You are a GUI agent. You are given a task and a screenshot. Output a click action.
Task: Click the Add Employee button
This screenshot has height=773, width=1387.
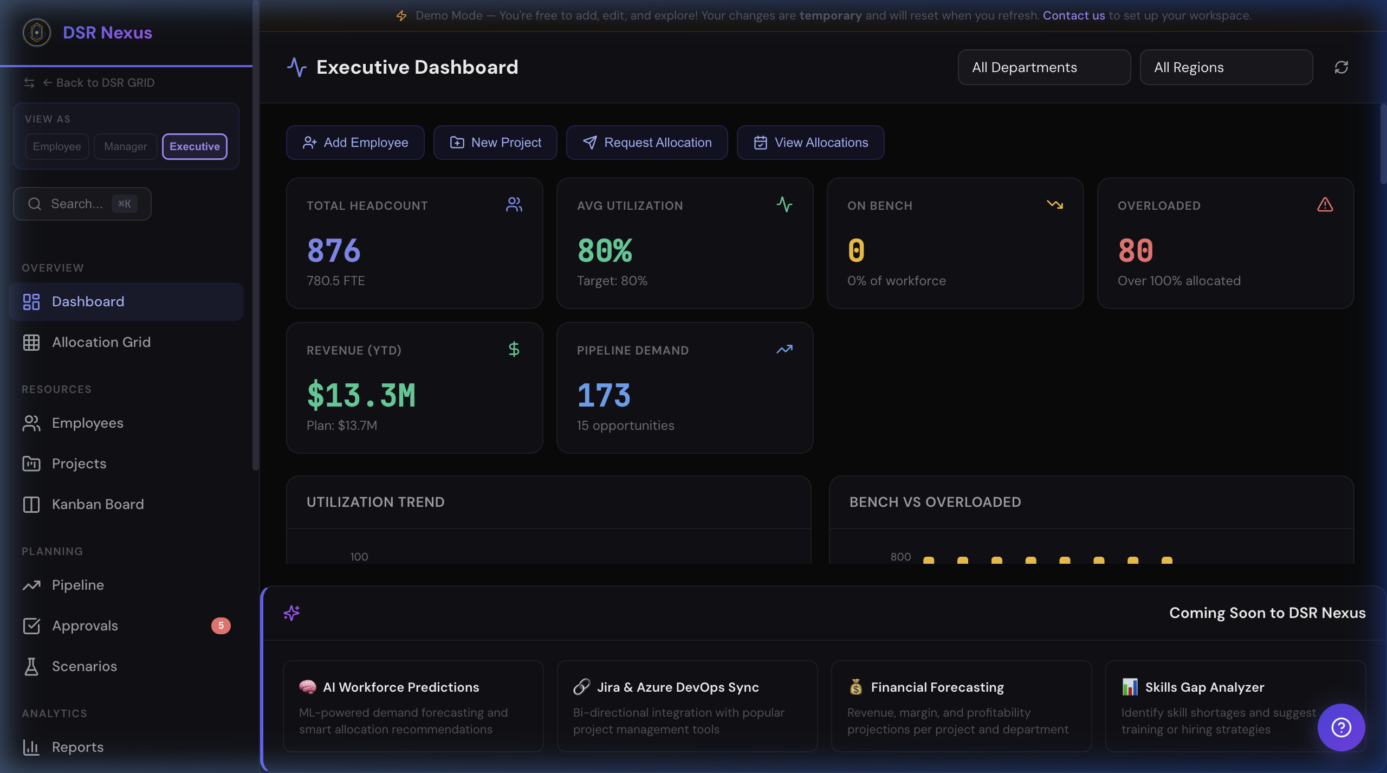(x=355, y=143)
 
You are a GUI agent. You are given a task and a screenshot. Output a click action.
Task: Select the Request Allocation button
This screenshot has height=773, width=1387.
(x=647, y=143)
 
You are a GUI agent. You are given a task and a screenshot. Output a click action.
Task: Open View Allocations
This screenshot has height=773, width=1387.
(x=811, y=143)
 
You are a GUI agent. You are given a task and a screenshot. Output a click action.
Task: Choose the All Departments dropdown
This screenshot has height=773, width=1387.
(x=1044, y=67)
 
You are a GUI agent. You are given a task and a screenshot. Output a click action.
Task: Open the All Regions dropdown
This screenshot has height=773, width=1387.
(x=1226, y=67)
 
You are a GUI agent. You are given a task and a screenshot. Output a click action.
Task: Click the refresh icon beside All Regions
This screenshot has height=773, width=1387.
(x=1341, y=67)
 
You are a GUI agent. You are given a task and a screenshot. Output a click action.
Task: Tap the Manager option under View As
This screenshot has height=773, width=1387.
(x=125, y=146)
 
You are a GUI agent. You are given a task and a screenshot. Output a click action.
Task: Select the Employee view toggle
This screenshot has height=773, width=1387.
(x=57, y=146)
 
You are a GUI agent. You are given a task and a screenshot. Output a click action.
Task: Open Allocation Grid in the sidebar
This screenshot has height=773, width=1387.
(x=101, y=342)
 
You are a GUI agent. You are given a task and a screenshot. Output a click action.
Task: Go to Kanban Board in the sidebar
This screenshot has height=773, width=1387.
(x=98, y=504)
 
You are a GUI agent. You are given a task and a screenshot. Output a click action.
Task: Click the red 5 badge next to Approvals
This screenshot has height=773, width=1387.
(x=221, y=626)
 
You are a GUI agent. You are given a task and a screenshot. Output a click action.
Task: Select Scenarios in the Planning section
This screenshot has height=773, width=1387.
(x=85, y=666)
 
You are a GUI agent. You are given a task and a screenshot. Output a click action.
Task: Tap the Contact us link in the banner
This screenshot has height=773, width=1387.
(x=1073, y=16)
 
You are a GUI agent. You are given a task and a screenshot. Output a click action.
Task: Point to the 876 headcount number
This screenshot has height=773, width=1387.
(x=334, y=250)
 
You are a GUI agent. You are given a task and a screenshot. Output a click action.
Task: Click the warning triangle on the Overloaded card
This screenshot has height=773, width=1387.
(x=1325, y=205)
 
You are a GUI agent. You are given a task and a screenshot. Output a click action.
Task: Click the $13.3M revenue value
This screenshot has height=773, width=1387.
(x=361, y=395)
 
